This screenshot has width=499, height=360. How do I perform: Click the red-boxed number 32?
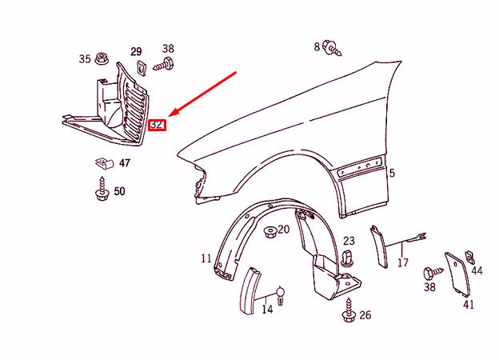pyautogui.click(x=158, y=125)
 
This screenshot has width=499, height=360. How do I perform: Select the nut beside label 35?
pyautogui.click(x=102, y=58)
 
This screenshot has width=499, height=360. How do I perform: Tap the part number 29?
pyautogui.click(x=136, y=50)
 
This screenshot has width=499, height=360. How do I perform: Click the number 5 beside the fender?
pyautogui.click(x=392, y=173)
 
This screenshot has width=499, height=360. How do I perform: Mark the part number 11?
pyautogui.click(x=206, y=258)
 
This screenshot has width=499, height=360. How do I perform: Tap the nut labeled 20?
pyautogui.click(x=272, y=231)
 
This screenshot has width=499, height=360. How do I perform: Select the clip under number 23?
pyautogui.click(x=347, y=257)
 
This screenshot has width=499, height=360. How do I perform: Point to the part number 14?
pyautogui.click(x=267, y=309)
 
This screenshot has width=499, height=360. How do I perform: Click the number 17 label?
pyautogui.click(x=403, y=262)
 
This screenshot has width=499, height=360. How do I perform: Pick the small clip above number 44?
pyautogui.click(x=469, y=255)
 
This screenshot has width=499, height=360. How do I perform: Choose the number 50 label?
pyautogui.click(x=119, y=191)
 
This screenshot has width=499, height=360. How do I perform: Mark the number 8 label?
pyautogui.click(x=317, y=46)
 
